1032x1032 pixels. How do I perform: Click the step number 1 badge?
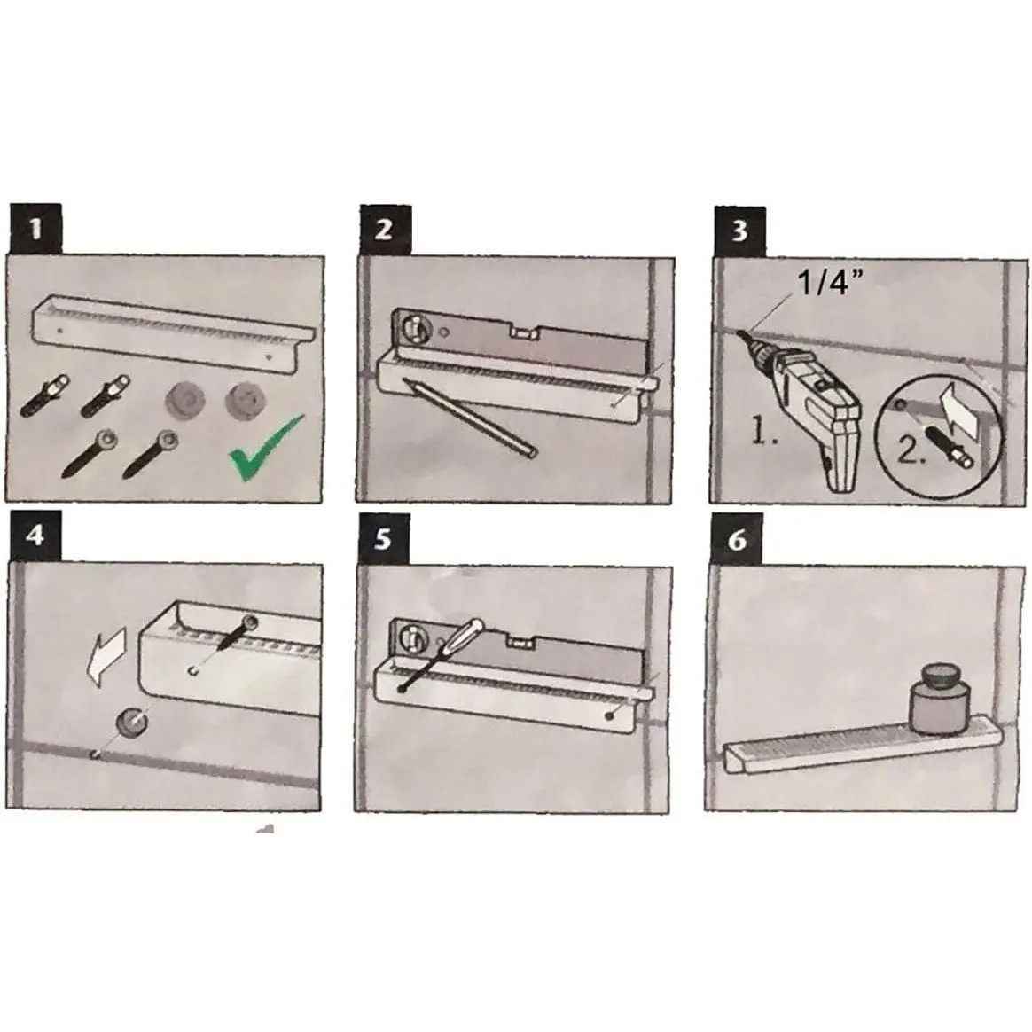click(35, 229)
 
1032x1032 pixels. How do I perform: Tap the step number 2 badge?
click(385, 230)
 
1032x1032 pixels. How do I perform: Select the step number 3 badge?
click(739, 231)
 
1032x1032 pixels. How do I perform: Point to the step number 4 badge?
click(35, 536)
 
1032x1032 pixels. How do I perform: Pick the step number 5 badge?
click(384, 540)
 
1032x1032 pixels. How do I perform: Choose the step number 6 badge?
click(737, 539)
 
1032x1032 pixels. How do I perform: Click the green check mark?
click(264, 448)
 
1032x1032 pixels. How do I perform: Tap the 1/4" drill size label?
click(829, 282)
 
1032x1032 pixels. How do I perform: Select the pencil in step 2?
click(471, 418)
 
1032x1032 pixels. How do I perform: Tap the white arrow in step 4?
click(106, 656)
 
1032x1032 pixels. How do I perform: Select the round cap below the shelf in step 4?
click(131, 722)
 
